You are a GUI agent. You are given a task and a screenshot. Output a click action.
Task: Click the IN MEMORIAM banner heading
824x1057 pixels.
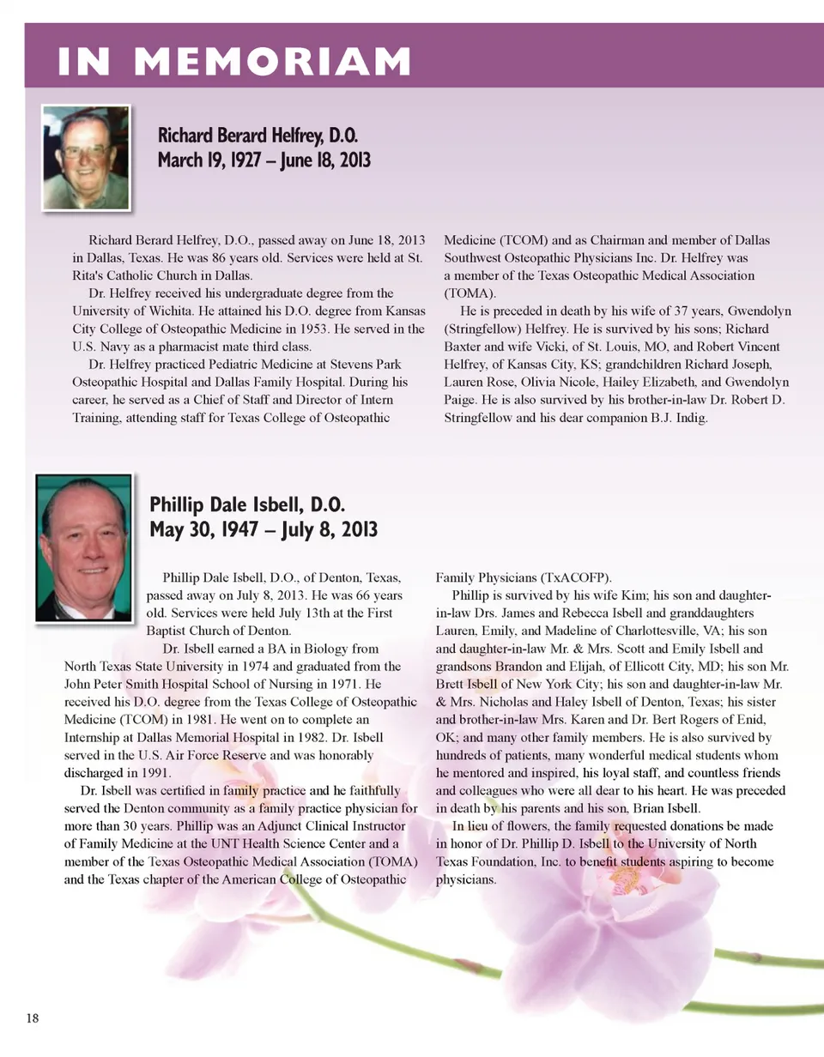pos(233,62)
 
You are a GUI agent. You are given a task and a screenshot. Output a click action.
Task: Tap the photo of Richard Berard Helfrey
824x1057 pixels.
pos(86,158)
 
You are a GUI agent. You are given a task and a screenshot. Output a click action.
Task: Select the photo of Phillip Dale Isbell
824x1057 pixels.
pos(83,547)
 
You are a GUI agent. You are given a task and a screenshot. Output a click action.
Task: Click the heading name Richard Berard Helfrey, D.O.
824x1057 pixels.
pos(257,136)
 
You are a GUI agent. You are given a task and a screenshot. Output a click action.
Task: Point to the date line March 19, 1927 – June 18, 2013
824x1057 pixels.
pos(264,160)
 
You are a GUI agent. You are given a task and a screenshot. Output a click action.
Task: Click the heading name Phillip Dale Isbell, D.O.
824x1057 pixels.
pos(247,504)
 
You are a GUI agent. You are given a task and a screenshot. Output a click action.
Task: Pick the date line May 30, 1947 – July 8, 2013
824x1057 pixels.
pos(264,528)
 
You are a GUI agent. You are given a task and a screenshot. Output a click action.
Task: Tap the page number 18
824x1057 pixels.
pos(33,1018)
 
